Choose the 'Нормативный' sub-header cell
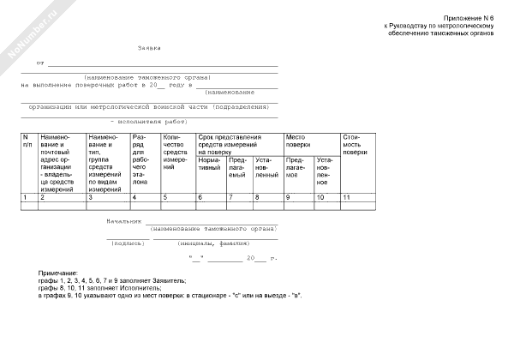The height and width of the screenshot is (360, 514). tap(210, 166)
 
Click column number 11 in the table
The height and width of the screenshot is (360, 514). tap(347, 198)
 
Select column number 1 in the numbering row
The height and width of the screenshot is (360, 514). tap(25, 198)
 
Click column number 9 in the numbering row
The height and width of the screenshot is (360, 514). tap(288, 198)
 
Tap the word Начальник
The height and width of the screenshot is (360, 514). tap(123, 221)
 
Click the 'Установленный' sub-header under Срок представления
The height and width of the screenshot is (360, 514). tap(266, 166)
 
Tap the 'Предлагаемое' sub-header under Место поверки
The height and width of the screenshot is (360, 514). tap(296, 166)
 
